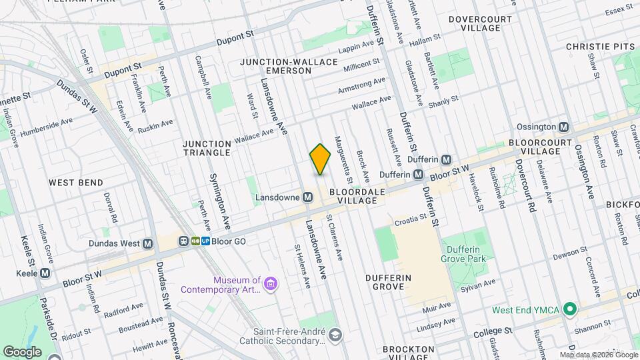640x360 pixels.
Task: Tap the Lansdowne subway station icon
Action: click(308, 197)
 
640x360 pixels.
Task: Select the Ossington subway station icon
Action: click(564, 127)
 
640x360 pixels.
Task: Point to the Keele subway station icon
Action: click(45, 273)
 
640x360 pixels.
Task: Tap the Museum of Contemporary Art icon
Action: click(270, 285)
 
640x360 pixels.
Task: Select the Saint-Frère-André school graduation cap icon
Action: click(335, 334)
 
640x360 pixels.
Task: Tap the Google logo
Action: click(23, 351)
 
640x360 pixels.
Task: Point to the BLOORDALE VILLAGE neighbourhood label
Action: click(361, 195)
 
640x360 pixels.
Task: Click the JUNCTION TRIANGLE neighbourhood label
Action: click(207, 147)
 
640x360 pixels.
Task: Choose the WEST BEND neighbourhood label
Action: click(76, 182)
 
